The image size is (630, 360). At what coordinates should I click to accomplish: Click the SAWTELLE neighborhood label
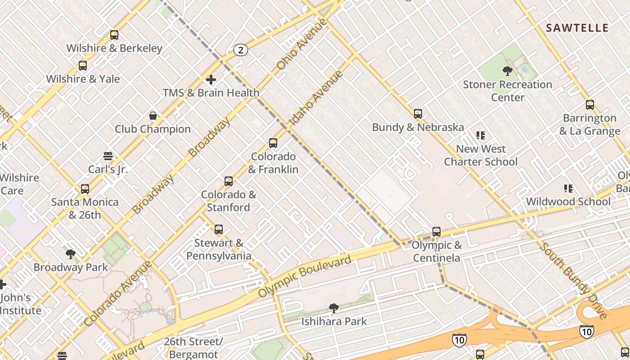(x=577, y=28)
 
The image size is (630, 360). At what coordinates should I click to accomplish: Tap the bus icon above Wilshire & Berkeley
(x=114, y=35)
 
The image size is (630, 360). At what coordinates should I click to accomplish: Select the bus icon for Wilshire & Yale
(x=83, y=65)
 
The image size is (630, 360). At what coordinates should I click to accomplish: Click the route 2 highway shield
(x=241, y=50)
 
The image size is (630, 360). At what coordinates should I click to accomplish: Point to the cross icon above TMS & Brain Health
(x=211, y=80)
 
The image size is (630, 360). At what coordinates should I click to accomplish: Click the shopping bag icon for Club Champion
(x=153, y=116)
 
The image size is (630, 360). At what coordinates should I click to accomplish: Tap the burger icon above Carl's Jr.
(x=108, y=156)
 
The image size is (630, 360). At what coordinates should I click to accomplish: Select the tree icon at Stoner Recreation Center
(x=508, y=71)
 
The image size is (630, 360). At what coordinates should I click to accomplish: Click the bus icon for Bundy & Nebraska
(x=418, y=113)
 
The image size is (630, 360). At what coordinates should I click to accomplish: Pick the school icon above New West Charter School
(x=481, y=135)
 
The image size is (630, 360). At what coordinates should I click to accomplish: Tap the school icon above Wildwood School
(x=568, y=188)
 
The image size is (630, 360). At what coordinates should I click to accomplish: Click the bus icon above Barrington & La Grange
(x=590, y=105)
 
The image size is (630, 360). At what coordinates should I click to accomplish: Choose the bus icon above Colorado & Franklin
(x=273, y=143)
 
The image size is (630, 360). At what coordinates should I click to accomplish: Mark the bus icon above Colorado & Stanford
(x=229, y=181)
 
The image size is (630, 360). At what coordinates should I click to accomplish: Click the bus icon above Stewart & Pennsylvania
(x=219, y=229)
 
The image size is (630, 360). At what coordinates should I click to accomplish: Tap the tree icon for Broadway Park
(x=71, y=254)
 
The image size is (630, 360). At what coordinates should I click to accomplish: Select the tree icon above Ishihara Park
(x=334, y=308)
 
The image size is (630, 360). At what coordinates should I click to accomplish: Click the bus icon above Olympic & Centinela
(x=436, y=232)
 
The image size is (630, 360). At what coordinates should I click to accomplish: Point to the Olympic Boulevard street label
(x=305, y=276)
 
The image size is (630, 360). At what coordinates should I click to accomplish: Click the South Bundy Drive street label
(x=573, y=281)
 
